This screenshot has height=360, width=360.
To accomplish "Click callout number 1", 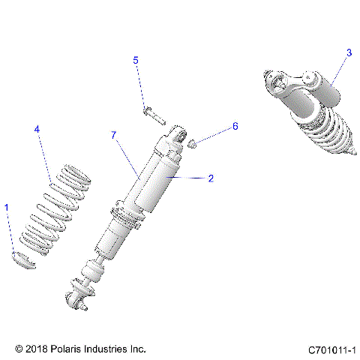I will coord(7,206).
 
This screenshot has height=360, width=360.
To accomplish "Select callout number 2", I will coord(211,178).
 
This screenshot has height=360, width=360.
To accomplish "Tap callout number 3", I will coord(349,52).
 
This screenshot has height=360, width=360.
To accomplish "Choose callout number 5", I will coord(136,59).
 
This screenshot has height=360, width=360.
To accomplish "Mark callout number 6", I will coord(234,127).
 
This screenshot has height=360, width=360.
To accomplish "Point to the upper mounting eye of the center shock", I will coord(178,136).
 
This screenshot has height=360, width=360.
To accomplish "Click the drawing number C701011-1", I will coord(331,349).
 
